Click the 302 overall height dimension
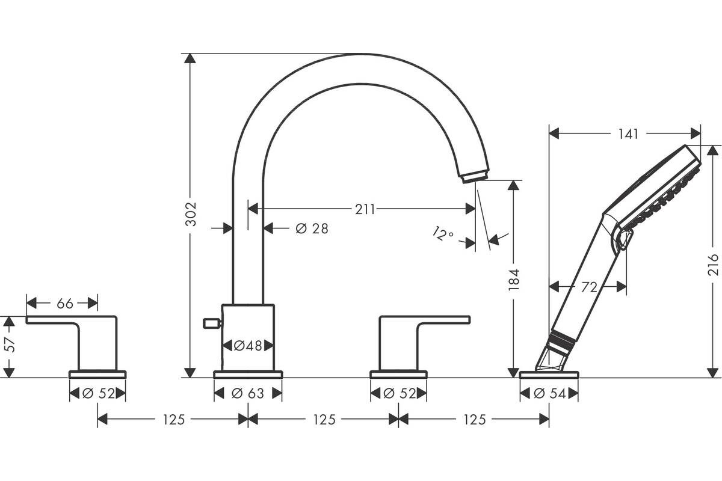[191, 214]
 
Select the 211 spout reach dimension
[365, 210]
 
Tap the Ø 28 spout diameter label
[312, 228]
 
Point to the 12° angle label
[443, 234]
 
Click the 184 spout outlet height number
[514, 280]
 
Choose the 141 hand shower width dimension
[628, 134]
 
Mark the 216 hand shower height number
[713, 265]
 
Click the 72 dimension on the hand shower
[589, 287]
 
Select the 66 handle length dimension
[65, 304]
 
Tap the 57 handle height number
[10, 345]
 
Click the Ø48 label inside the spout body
[248, 346]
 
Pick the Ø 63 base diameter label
[248, 393]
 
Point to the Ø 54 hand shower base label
[550, 393]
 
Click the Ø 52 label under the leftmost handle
[99, 393]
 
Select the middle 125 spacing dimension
[324, 420]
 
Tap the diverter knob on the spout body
[212, 323]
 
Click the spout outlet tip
[474, 177]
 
